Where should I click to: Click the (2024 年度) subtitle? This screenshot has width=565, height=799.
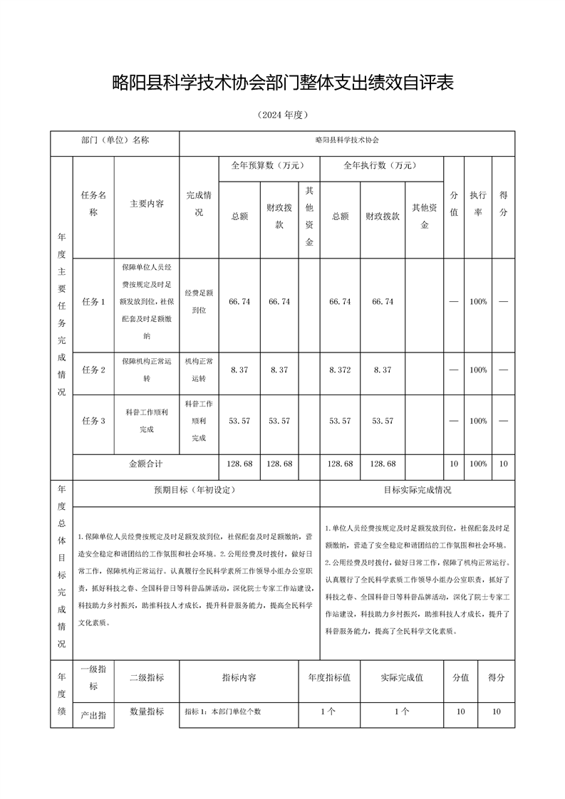click(283, 115)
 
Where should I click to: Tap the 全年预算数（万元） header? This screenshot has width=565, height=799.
click(268, 165)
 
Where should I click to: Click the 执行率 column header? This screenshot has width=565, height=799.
click(478, 203)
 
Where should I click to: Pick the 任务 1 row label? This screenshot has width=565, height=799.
click(94, 302)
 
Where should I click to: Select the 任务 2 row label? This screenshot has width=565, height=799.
click(94, 370)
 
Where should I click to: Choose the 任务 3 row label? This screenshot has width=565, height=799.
click(94, 421)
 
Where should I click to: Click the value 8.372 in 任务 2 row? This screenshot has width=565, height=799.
click(340, 370)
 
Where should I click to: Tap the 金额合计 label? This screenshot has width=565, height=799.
click(146, 464)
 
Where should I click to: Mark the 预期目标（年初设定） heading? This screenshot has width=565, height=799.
click(195, 490)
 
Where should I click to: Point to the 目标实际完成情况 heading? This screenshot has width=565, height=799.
click(418, 490)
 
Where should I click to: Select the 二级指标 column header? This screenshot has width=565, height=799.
click(147, 678)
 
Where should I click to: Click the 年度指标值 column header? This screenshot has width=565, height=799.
click(329, 678)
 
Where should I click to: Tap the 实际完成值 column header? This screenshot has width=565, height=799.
click(402, 678)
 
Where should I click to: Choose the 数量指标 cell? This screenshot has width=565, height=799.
click(147, 711)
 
